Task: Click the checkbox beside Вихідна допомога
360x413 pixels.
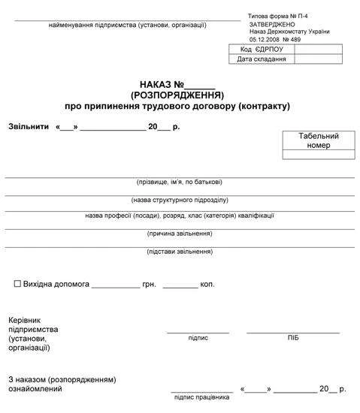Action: pos(17,285)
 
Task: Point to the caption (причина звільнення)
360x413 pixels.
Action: pos(179,234)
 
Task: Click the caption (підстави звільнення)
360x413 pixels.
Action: pos(179,252)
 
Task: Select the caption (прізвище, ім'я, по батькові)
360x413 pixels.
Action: pos(179,182)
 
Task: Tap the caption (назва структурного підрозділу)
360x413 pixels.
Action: pos(179,200)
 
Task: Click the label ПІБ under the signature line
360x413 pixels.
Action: pos(293,338)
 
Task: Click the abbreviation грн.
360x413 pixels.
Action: pos(148,285)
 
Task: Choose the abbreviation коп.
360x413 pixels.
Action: pos(207,285)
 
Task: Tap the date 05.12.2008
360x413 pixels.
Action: pos(264,39)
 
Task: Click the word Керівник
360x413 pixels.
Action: pos(25,320)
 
